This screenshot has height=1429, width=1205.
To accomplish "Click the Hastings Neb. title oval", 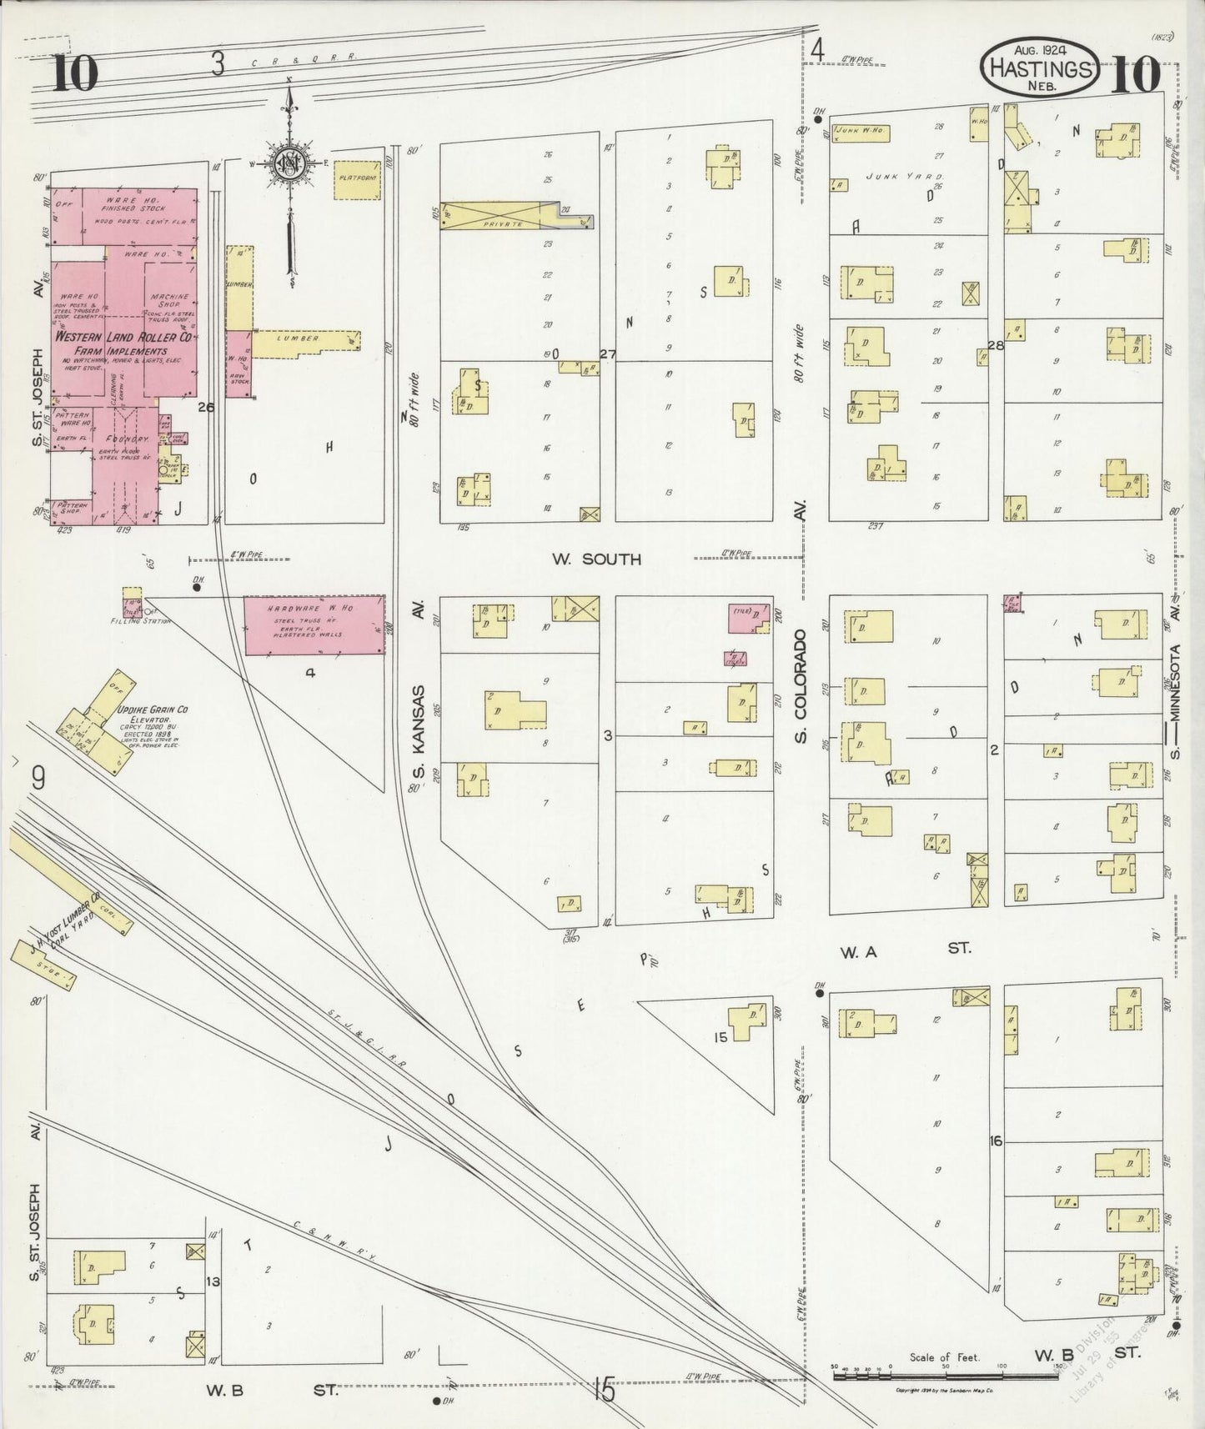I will point(1040,68).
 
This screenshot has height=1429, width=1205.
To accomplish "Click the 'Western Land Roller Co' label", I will point(124,337).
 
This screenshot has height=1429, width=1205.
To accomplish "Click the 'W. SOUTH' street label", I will point(595,559).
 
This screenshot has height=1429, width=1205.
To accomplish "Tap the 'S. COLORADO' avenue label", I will point(801,686).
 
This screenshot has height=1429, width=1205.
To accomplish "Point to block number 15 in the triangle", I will point(721,1038).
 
